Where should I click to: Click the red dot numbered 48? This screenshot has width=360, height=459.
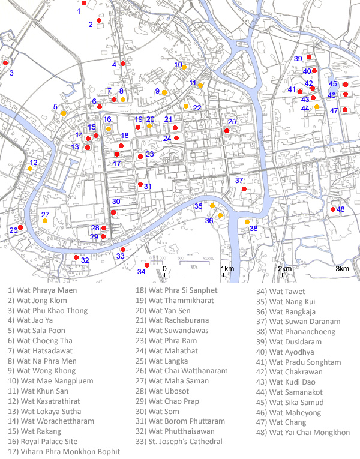(333, 209)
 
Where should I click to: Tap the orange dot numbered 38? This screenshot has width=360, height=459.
(247, 222)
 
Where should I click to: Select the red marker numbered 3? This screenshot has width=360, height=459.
(5, 63)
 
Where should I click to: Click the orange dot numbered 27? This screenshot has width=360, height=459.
(45, 221)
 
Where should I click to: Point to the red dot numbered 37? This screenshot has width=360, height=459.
(244, 190)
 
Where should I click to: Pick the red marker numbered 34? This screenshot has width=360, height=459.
(146, 265)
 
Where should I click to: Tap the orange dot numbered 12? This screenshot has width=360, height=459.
(29, 169)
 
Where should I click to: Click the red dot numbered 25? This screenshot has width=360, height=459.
(227, 130)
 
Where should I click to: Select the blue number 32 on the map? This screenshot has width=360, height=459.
(85, 260)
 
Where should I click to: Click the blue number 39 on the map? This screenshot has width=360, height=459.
(298, 58)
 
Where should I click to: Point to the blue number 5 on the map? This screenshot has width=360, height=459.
(56, 107)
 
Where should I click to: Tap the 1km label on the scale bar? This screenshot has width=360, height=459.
(227, 269)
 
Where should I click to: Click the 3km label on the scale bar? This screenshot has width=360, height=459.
(342, 269)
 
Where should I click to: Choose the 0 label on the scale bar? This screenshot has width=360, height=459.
(164, 269)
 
